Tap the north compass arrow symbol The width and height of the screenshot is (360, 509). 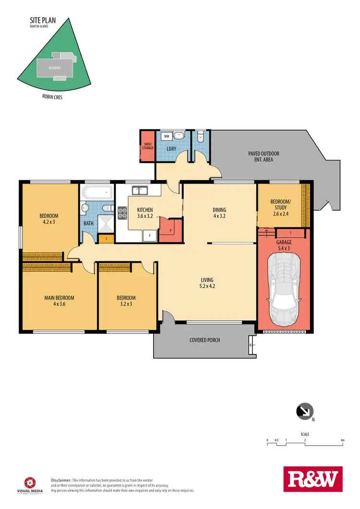coord(305,411)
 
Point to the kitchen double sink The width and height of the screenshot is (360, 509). coord(140,191)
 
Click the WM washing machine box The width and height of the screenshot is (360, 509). coord(167,136)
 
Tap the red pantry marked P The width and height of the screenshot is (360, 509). coord(171,230)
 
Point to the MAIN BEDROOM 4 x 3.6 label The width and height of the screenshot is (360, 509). coord(60,301)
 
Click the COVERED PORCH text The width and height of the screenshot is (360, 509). coord(204,340)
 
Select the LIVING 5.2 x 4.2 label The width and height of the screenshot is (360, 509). coord(207,283)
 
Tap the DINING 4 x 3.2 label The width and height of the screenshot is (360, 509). coord(219,213)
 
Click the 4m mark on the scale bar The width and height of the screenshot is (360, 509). coord(342,440)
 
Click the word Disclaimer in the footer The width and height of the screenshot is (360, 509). coord(61,480)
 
